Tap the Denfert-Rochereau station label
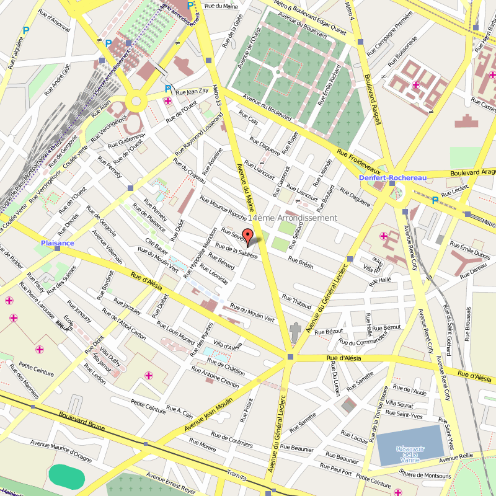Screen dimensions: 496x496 point(393,178)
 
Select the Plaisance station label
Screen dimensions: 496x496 point(58,243)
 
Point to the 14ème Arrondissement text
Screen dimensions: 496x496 point(292,218)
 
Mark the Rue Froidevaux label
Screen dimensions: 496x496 point(358,161)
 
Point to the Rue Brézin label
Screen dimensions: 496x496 point(301,263)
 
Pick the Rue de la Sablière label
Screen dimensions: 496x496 point(236,251)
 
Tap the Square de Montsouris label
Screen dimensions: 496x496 point(425,475)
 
